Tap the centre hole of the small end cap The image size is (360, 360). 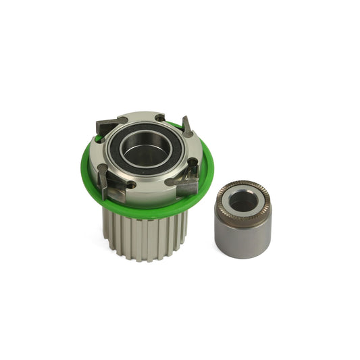click(x=244, y=201)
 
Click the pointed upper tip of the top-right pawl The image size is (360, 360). click(x=184, y=118)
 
